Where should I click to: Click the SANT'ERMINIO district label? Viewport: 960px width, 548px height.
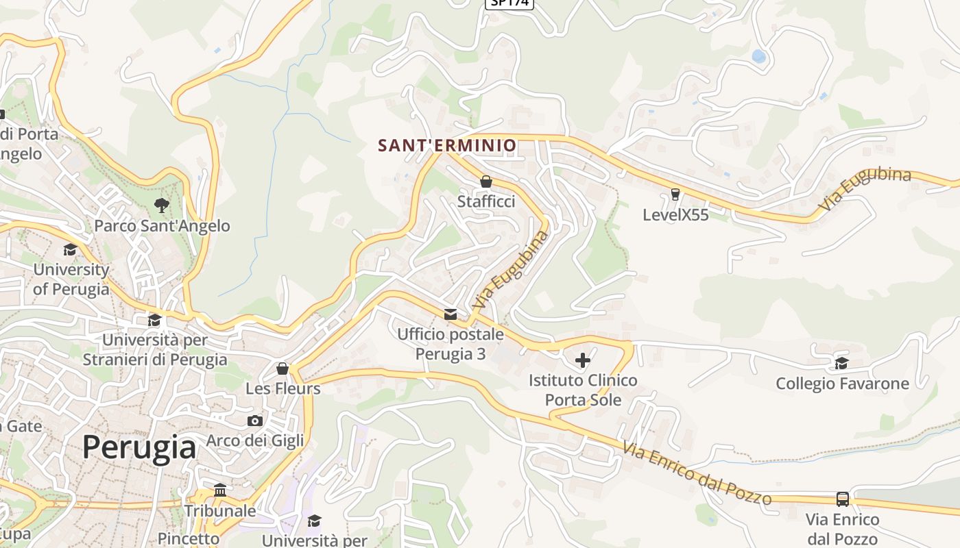pos(447,145)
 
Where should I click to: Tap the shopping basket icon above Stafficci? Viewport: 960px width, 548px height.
pos(486,182)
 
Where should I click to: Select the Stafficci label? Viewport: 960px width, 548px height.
pos(486,201)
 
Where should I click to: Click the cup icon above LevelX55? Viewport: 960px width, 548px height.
pos(675,195)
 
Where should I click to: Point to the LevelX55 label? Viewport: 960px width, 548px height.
pos(675,214)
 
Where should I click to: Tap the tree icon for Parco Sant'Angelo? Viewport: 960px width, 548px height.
pos(161,205)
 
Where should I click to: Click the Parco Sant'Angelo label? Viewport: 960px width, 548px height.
pos(162,225)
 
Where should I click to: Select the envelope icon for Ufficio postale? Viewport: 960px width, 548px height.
pos(451,314)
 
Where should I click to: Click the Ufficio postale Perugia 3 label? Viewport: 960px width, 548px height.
pos(451,344)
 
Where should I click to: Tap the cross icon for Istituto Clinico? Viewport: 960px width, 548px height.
pos(583,360)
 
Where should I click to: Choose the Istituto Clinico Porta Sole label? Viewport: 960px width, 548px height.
pos(583,390)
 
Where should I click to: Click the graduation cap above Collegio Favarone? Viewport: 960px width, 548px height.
pos(842,363)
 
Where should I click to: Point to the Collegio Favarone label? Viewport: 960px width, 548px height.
pos(842,384)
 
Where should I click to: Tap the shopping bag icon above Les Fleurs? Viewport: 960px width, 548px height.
pos(282,369)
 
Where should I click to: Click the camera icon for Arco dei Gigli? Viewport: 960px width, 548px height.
pos(255,421)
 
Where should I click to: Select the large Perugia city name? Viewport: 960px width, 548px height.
pos(139,447)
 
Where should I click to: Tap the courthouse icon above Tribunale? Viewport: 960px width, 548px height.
pos(220,490)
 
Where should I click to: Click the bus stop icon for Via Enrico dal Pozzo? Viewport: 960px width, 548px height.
pos(843,499)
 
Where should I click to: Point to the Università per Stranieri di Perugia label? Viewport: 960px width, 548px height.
pos(155,349)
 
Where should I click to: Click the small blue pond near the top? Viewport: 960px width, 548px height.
pos(758,56)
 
